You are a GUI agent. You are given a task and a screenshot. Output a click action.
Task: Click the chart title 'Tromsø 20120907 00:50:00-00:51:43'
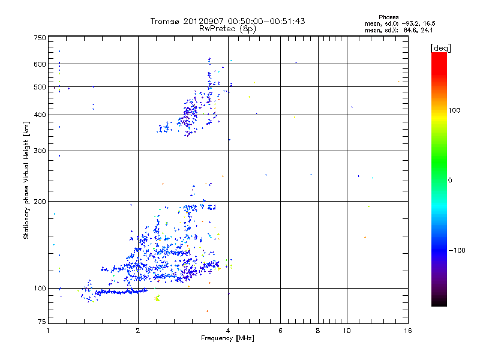[x=228, y=21]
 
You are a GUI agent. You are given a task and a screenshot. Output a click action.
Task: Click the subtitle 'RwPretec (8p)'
[x=228, y=28]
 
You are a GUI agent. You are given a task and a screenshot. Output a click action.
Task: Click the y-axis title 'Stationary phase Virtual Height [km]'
[x=26, y=181]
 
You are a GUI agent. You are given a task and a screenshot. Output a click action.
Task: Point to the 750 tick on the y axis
[x=40, y=38]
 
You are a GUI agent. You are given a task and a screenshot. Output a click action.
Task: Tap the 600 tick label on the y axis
[x=40, y=64]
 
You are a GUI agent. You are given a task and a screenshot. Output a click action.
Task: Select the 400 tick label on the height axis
[x=40, y=115]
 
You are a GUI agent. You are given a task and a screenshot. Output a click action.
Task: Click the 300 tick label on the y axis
[x=40, y=151]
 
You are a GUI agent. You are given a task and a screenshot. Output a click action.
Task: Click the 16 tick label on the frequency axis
[x=407, y=331]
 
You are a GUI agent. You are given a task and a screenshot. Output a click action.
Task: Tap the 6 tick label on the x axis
[x=280, y=331]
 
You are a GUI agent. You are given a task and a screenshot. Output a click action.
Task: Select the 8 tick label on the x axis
[x=318, y=331]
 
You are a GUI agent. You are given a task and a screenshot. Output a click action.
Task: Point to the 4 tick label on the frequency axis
[x=228, y=331]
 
